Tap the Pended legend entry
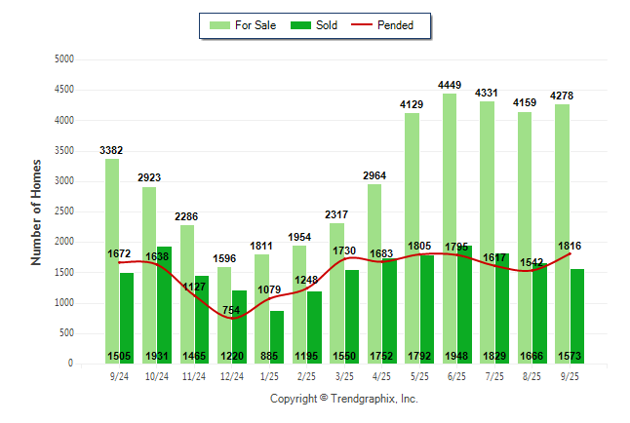click(x=393, y=25)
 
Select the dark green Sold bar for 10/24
click(x=164, y=292)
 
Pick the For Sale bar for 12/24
click(x=224, y=312)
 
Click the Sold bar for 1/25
click(x=276, y=331)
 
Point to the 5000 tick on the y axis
click(x=64, y=59)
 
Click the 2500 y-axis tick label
click(x=64, y=211)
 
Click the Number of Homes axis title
click(x=37, y=211)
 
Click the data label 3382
click(x=112, y=150)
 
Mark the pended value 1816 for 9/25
click(x=571, y=246)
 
